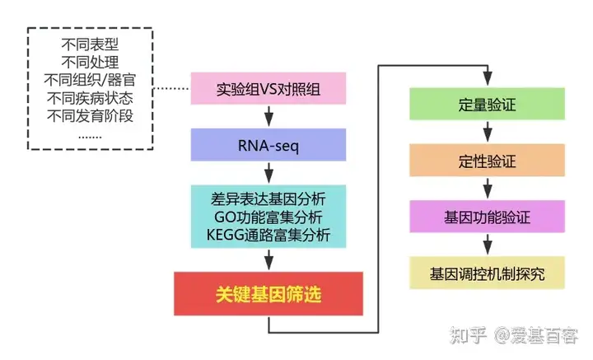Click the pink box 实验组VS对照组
coord(268,88)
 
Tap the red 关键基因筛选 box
coord(268,292)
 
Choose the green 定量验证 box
coord(488,105)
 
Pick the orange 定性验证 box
coord(488,161)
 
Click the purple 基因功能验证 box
coord(488,217)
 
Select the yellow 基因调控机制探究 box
coord(488,273)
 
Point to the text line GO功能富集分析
coord(268,217)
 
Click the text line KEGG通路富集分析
coord(268,235)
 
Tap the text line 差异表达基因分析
coord(268,199)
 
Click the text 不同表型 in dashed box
coord(91,44)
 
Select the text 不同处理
coord(91,63)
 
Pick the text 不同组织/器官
coord(91,80)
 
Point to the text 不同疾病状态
coord(91,98)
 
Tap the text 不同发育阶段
coord(91,115)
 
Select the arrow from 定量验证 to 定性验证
coord(488,133)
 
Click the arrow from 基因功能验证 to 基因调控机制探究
coord(488,245)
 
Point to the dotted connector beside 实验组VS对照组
coord(172,88)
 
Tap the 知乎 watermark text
coord(466,336)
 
